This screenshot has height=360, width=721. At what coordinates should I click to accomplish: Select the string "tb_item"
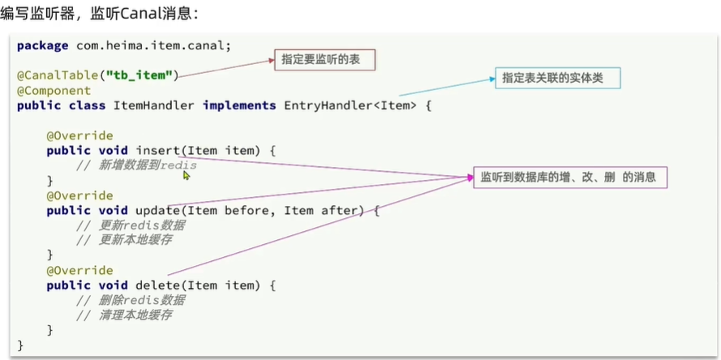[x=140, y=75]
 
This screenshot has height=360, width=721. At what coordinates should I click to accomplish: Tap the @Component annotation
[x=54, y=91]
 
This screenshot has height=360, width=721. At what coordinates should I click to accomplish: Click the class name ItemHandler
[x=153, y=106]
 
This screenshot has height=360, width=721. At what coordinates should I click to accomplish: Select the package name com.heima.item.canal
[x=153, y=46]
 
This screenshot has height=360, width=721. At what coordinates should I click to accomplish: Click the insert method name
[x=157, y=151]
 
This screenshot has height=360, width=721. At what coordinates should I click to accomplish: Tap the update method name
[x=157, y=211]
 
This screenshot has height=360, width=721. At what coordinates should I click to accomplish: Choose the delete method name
[x=157, y=285]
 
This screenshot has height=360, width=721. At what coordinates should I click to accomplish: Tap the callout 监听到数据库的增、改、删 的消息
[x=569, y=177]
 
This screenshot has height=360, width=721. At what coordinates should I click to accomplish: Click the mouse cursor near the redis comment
[x=187, y=174]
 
